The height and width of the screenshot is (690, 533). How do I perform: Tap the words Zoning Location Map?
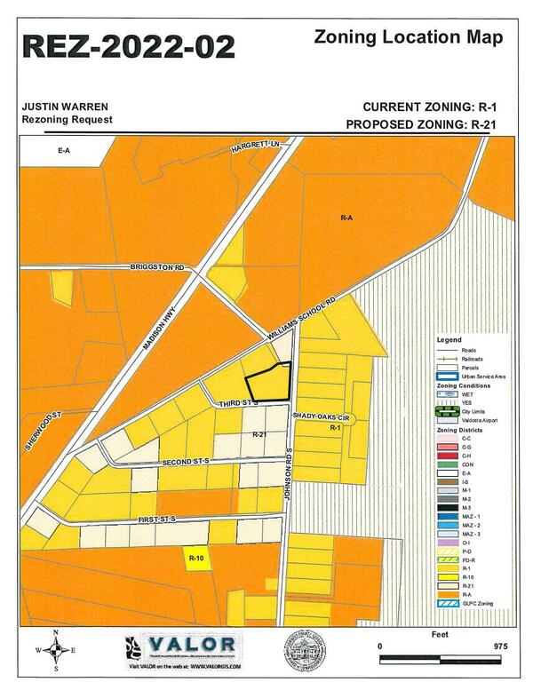[x=409, y=37]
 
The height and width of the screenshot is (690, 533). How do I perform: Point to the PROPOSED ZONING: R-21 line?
[x=419, y=123]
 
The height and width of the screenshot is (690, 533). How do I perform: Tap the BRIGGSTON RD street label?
[x=156, y=267]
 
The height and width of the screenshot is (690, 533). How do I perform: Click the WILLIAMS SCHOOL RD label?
[x=305, y=314]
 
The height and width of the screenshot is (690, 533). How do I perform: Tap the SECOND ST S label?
[x=184, y=463]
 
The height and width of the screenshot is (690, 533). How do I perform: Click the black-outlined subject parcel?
[x=271, y=384]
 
